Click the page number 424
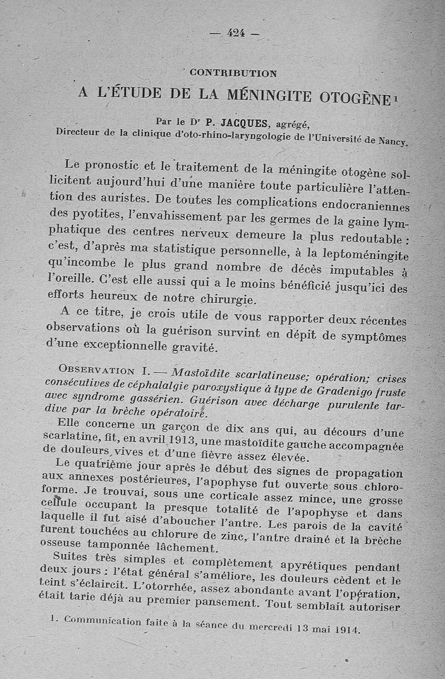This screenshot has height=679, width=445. tap(236, 33)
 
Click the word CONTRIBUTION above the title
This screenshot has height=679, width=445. tap(233, 72)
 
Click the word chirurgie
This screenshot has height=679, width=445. tap(231, 300)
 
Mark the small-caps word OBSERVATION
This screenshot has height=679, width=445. tap(95, 370)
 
